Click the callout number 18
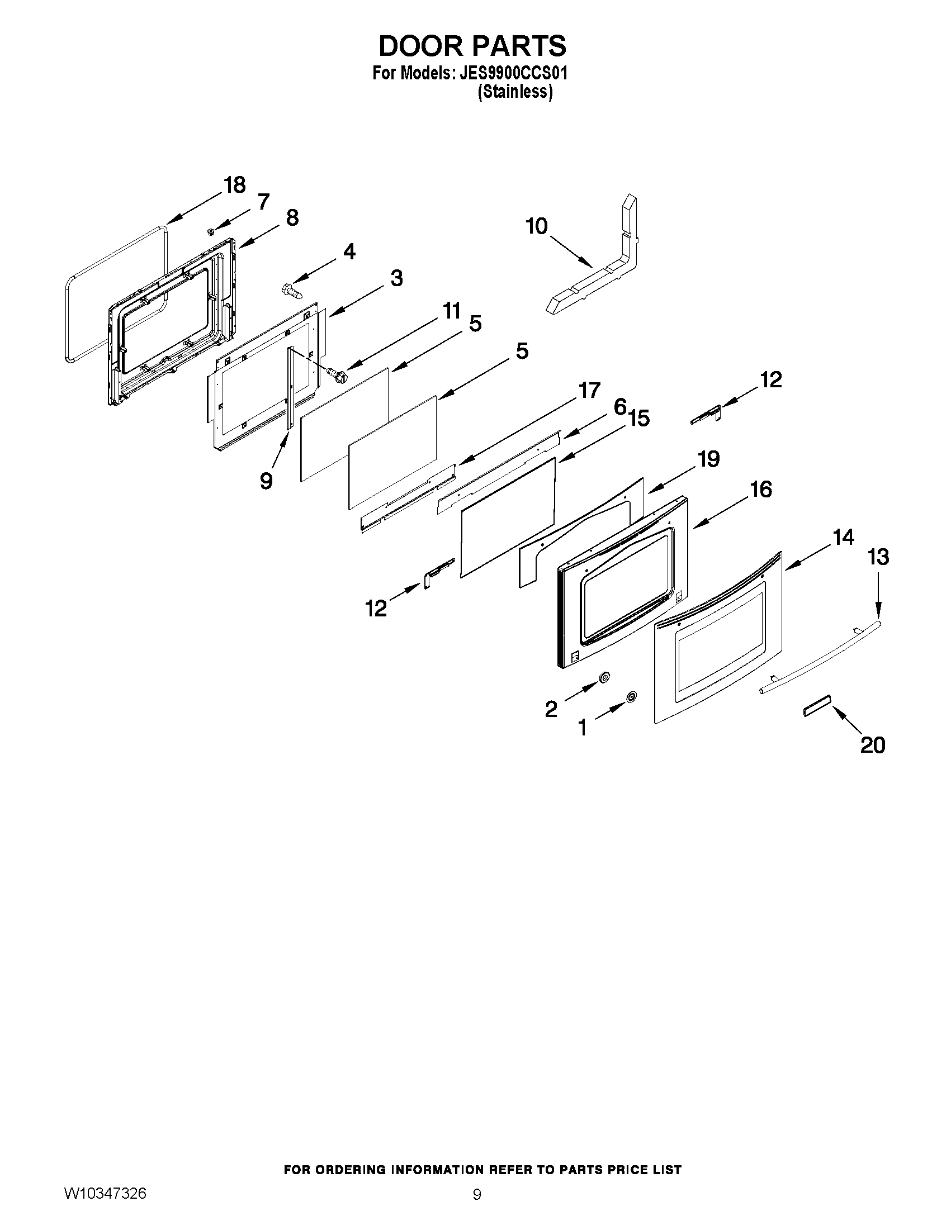[235, 185]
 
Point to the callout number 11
[451, 311]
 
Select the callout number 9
[266, 481]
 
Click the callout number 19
[709, 459]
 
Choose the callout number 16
[761, 489]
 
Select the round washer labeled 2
[603, 677]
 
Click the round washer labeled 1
[631, 697]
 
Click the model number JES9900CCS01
[513, 74]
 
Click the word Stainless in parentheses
[515, 92]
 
